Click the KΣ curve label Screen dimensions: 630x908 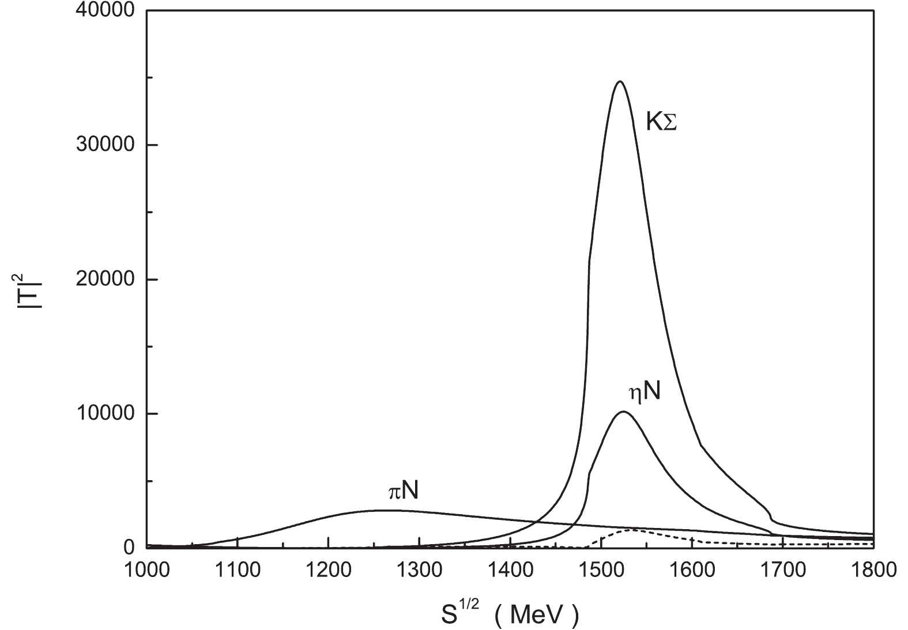tap(661, 123)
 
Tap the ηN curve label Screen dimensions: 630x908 tap(644, 392)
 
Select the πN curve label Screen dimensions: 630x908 tap(403, 491)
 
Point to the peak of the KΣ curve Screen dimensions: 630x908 tap(620, 82)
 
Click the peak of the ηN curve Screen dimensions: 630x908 tap(623, 412)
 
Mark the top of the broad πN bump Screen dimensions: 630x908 tap(385, 510)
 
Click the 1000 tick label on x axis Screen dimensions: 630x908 tap(147, 569)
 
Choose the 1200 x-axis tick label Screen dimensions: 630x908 tap(329, 569)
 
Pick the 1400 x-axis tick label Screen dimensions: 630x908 tap(510, 569)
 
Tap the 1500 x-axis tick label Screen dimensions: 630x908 tap(601, 569)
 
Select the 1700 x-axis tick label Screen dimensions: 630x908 tap(783, 569)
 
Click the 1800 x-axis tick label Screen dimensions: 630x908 tap(873, 569)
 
